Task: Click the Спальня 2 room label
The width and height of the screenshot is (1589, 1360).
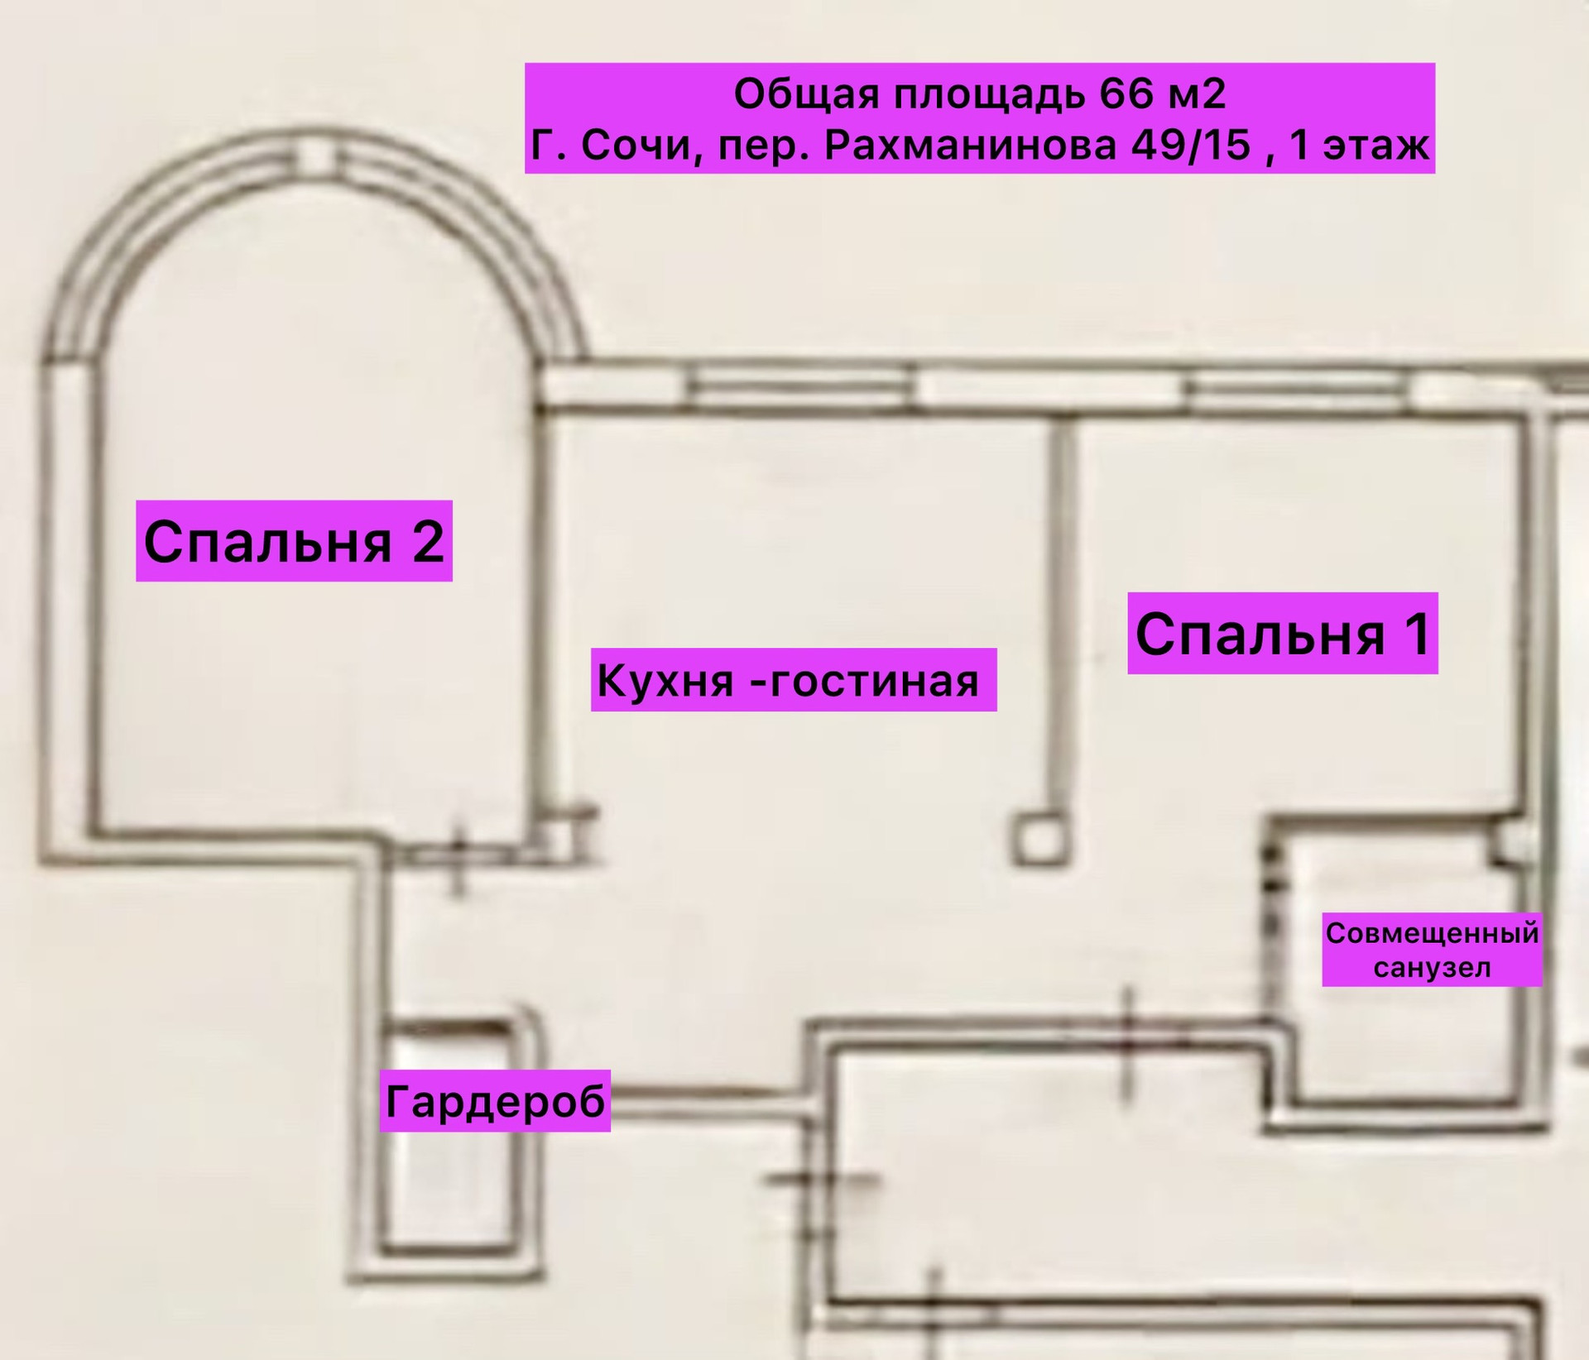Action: coord(294,541)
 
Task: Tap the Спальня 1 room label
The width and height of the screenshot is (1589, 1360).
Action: coord(1282,634)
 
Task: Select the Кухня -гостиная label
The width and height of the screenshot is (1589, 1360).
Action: coord(793,680)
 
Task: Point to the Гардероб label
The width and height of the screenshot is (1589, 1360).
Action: coord(495,1100)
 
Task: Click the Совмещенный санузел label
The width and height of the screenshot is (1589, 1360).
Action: coord(1432,950)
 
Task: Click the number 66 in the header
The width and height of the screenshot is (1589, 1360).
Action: coord(1126,93)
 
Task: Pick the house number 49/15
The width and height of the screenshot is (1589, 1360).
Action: coord(1191,146)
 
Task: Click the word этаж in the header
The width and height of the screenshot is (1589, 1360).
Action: coord(1375,146)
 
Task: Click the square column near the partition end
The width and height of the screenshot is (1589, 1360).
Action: coord(1039,840)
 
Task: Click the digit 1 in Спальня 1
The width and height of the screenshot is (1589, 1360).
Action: coord(1417,634)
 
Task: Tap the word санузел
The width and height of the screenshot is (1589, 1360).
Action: coord(1432,968)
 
